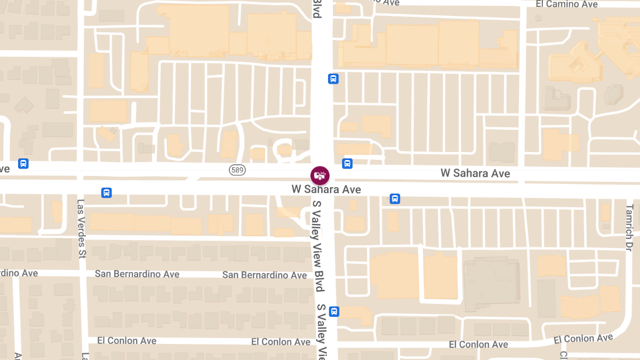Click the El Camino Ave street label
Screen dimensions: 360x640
(566, 4)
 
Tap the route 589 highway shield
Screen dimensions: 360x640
(237, 170)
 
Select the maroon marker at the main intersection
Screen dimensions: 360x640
(320, 175)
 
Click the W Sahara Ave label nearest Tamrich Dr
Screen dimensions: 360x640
(475, 173)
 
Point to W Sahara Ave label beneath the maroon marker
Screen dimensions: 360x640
(326, 189)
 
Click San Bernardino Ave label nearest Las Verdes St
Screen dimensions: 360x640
(137, 274)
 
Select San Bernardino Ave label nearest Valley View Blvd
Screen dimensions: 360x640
(265, 275)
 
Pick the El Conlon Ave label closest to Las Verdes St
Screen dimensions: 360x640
(127, 341)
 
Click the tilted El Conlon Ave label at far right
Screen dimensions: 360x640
(583, 339)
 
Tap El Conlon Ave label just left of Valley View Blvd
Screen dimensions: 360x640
(281, 342)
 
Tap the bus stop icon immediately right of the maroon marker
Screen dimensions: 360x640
(347, 164)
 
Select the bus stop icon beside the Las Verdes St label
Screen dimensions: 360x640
(107, 193)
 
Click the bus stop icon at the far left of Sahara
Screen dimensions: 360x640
(23, 164)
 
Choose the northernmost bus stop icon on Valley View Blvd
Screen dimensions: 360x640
(333, 79)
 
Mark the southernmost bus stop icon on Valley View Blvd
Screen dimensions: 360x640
(334, 311)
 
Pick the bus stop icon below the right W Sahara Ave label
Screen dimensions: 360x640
(395, 199)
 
